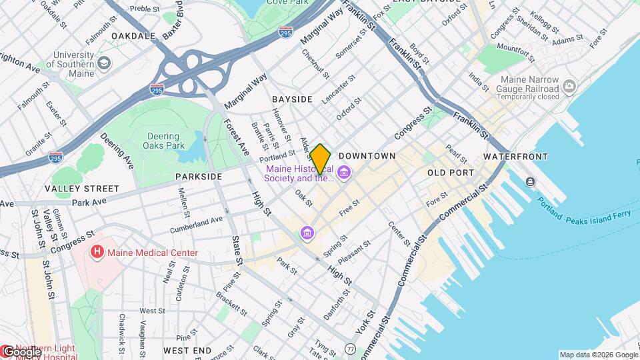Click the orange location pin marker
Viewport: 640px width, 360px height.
coord(321,159)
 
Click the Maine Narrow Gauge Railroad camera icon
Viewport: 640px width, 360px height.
coord(569,86)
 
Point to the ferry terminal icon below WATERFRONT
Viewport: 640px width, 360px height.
coord(530,182)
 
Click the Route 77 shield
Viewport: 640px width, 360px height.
coord(350,349)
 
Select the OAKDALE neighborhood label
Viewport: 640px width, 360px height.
coord(133,35)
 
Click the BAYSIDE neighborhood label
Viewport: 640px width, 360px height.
coord(292,99)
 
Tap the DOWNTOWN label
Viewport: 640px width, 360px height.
coord(367,156)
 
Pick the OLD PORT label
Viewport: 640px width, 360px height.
coord(451,173)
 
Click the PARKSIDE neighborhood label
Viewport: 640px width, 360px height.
coord(199,177)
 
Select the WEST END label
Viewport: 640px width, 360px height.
coord(187,350)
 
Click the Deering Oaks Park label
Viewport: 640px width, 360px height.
coord(164,141)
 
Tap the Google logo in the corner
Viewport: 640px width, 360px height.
coord(21,351)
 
